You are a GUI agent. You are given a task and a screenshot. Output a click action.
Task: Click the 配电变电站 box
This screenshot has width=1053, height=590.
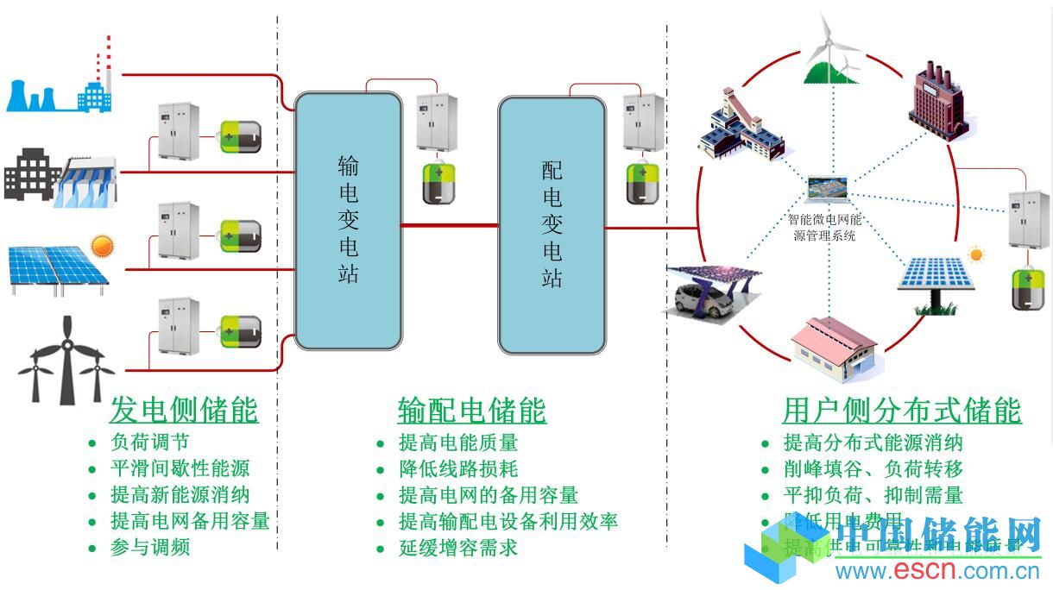point(552,225)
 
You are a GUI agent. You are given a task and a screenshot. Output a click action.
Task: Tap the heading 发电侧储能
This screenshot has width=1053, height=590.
point(184,411)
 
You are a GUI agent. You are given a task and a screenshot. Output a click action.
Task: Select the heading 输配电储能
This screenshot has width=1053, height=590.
point(471,411)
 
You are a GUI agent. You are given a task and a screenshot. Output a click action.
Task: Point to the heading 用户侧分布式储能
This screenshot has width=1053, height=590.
point(901,411)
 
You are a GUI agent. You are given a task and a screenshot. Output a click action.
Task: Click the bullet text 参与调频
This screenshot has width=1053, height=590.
point(150,547)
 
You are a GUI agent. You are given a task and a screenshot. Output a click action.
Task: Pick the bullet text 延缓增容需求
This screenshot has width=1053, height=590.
point(457,547)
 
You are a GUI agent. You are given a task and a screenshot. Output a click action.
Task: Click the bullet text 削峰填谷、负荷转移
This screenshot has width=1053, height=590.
point(873,469)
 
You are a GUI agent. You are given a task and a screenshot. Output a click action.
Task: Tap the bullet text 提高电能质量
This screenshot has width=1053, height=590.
point(457,443)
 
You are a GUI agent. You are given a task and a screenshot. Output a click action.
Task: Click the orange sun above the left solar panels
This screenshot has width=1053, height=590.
point(103,246)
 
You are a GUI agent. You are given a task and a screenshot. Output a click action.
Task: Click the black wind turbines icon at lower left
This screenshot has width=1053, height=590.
point(66,362)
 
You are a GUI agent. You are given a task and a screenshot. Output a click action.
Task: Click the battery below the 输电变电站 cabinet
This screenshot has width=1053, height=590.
point(438,182)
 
